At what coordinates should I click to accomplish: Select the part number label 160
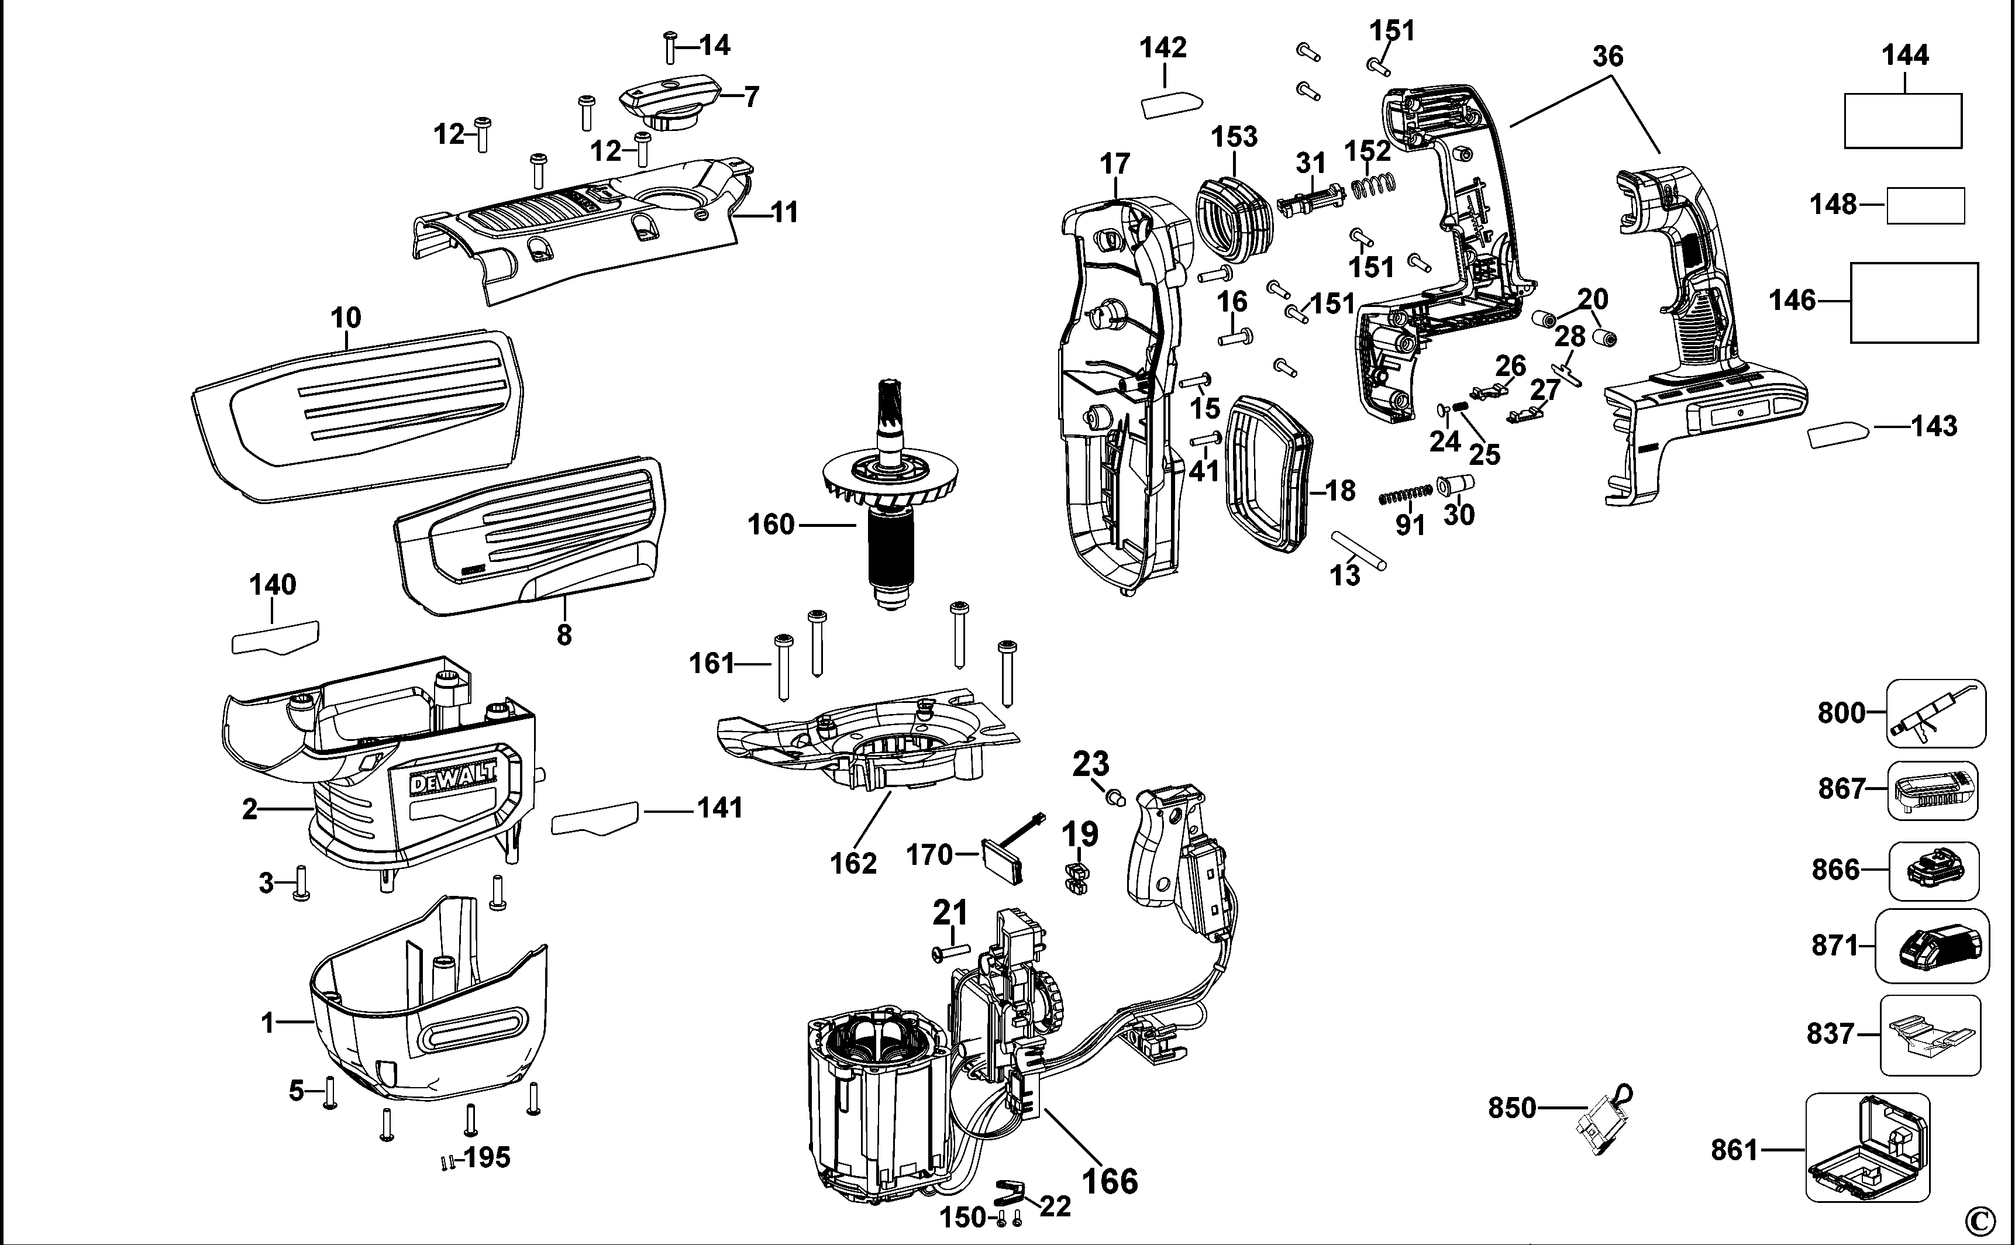(770, 525)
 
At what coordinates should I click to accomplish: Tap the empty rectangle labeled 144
(1902, 120)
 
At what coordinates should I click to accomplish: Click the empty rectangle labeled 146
(1914, 302)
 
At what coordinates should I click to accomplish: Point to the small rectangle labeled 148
(1926, 206)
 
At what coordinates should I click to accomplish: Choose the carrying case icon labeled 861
(1867, 1147)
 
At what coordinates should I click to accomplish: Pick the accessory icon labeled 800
(1935, 713)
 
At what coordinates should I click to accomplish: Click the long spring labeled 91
(1406, 495)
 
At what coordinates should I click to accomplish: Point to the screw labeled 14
(670, 48)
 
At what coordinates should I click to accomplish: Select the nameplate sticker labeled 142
(1171, 105)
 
